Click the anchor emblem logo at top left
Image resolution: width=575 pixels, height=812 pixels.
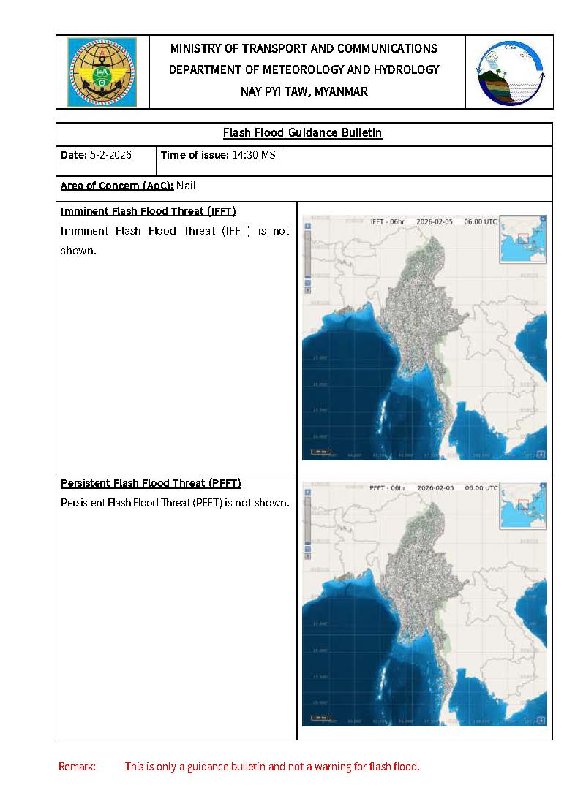(102, 72)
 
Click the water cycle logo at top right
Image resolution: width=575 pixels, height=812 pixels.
(510, 72)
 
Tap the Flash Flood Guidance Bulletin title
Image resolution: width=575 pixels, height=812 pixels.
(302, 133)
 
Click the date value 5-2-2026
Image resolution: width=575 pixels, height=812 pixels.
(111, 155)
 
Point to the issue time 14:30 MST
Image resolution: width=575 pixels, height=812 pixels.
(257, 155)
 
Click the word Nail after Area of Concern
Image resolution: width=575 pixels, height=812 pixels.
(186, 186)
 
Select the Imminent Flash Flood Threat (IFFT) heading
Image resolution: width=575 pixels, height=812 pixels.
(148, 211)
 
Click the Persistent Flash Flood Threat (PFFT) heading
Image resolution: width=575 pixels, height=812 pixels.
(151, 483)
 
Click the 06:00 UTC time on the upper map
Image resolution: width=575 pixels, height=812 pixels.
(481, 221)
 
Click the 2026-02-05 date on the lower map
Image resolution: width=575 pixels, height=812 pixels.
(435, 487)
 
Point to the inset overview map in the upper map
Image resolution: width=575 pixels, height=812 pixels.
(522, 238)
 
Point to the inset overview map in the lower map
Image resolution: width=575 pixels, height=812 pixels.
(522, 504)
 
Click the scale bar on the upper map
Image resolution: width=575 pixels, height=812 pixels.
(321, 452)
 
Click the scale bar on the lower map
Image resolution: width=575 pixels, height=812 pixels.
(321, 718)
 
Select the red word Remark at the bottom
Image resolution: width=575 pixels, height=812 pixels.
(77, 767)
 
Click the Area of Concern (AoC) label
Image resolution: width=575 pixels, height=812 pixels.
(116, 186)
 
